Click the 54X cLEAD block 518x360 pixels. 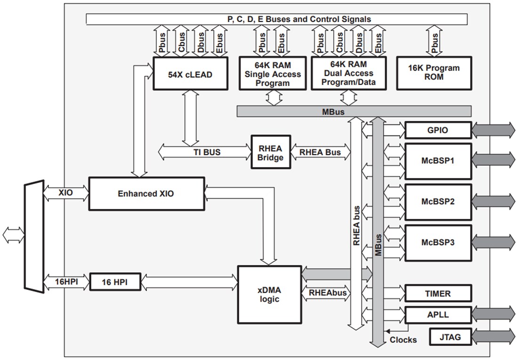(190, 73)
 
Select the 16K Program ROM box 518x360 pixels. (433, 73)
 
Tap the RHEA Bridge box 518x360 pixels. (270, 152)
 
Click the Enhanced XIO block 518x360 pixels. (146, 193)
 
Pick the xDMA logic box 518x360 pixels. (269, 294)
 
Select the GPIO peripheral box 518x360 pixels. (437, 130)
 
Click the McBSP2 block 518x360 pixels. (437, 201)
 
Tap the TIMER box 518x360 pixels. (437, 293)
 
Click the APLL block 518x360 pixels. (437, 314)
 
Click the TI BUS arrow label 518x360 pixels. (207, 152)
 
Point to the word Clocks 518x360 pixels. (403, 340)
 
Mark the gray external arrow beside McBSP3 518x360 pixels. (493, 243)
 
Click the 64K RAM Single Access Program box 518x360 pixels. (273, 73)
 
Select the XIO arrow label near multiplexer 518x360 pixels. (65, 193)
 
